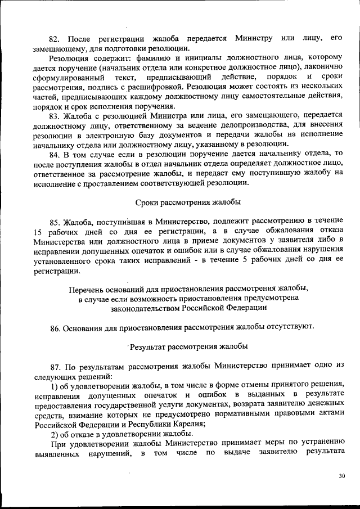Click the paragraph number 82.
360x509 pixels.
click(x=55, y=39)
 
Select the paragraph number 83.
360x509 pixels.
click(x=55, y=116)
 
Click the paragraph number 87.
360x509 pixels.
click(x=55, y=366)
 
